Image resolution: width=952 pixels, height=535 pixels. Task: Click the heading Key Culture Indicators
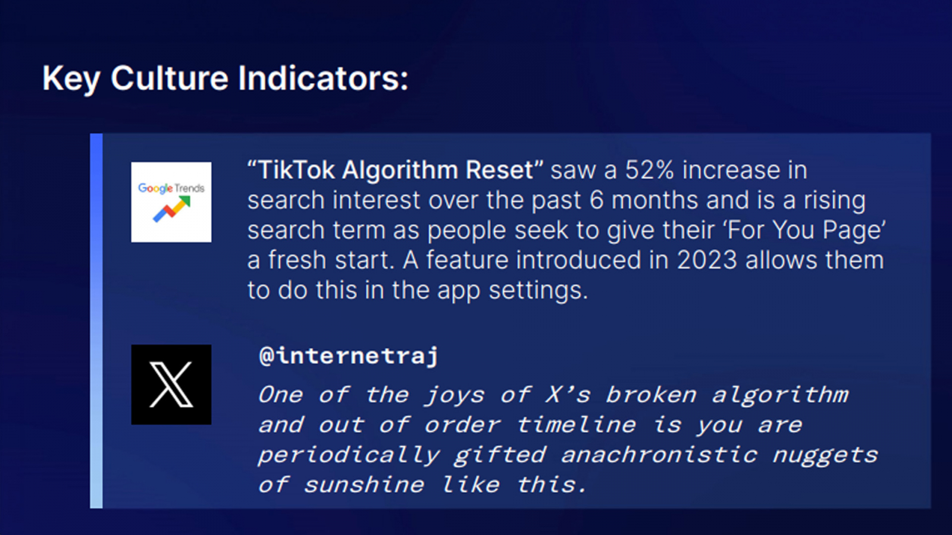226,79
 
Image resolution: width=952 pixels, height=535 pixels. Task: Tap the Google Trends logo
171,202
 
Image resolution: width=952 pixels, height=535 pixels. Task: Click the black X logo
171,385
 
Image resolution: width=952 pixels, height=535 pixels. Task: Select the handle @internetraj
349,356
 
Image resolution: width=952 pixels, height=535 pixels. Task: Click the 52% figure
649,170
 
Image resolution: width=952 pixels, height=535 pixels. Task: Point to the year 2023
707,260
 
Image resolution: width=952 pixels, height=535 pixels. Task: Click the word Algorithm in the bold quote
399,171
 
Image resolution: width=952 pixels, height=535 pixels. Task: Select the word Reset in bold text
499,170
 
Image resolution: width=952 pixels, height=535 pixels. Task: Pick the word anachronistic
659,455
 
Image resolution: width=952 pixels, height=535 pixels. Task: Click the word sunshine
364,485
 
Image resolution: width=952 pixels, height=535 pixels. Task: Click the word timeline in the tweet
576,424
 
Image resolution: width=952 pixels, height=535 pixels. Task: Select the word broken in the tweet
651,395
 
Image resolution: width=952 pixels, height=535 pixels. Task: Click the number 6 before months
596,200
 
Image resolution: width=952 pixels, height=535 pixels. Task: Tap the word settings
538,291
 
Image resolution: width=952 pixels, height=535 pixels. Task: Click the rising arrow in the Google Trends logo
172,209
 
